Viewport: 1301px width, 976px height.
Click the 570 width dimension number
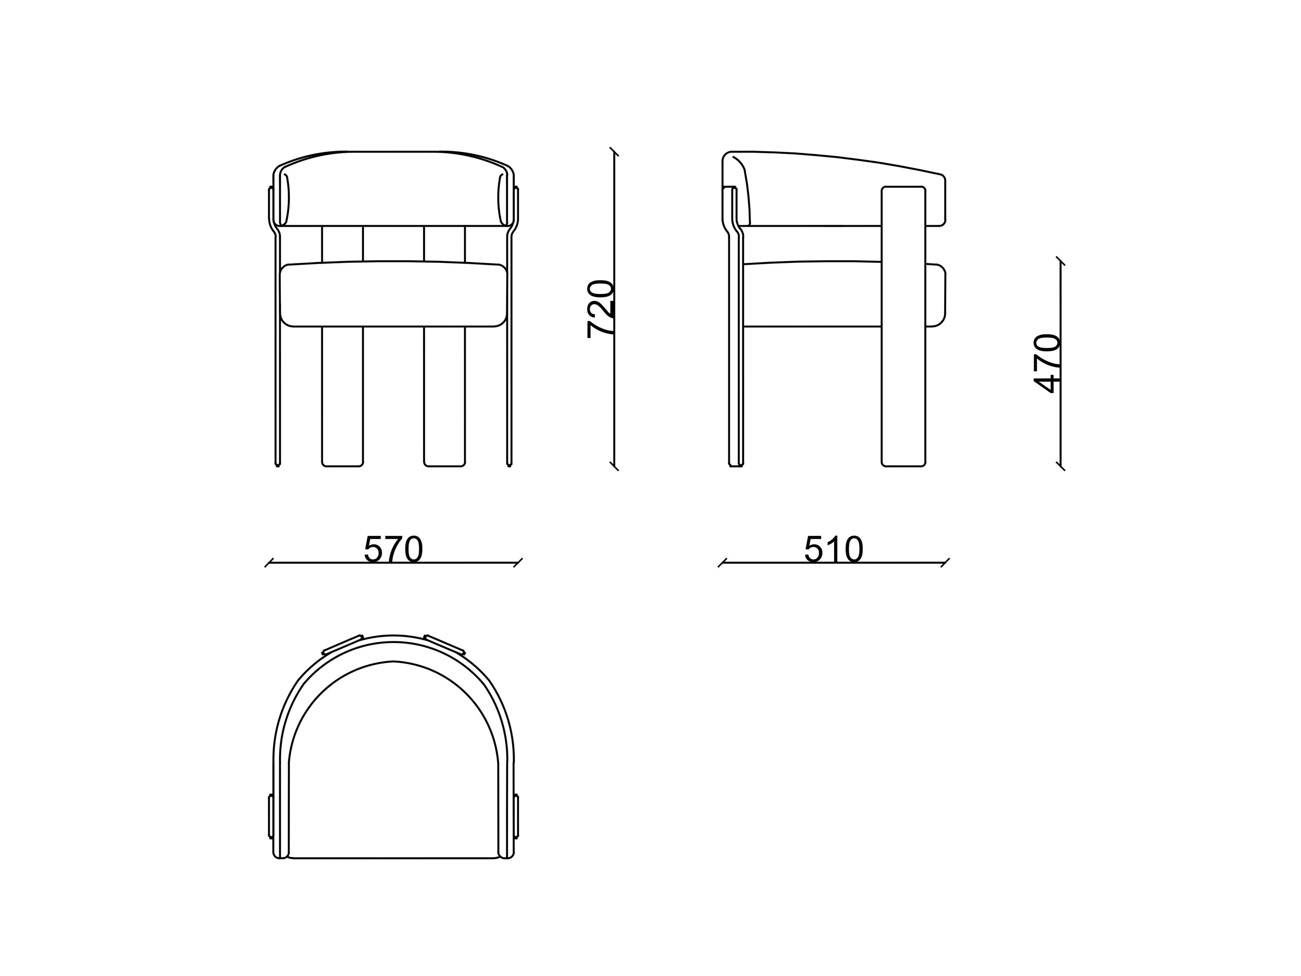(393, 549)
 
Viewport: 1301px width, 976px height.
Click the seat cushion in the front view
(393, 294)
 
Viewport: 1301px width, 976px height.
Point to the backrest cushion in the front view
(393, 188)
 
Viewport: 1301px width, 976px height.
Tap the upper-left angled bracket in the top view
(342, 644)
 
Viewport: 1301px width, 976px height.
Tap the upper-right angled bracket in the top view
(445, 644)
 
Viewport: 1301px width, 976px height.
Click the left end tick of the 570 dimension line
(269, 563)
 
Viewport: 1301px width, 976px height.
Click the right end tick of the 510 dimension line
(945, 563)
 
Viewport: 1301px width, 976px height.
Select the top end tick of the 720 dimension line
(615, 152)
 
